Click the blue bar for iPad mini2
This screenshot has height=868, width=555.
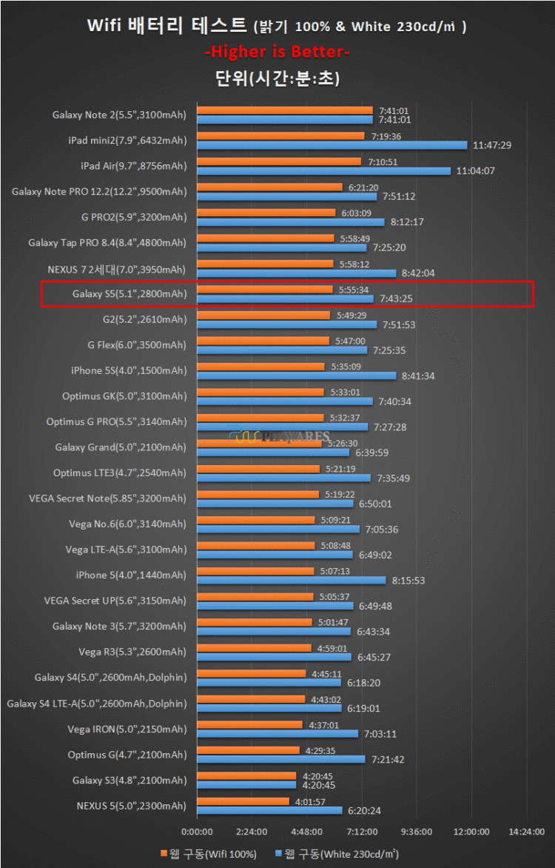point(332,145)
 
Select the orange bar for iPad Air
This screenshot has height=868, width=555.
point(279,161)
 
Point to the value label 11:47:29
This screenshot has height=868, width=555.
point(491,146)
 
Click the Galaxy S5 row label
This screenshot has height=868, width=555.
point(129,294)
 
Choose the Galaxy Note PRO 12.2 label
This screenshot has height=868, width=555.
point(99,192)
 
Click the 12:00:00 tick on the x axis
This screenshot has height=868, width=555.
point(471,831)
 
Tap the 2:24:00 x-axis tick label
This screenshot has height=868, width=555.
point(252,831)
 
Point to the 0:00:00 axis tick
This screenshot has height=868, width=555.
point(197,831)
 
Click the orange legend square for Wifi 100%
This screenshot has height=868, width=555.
point(164,853)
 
